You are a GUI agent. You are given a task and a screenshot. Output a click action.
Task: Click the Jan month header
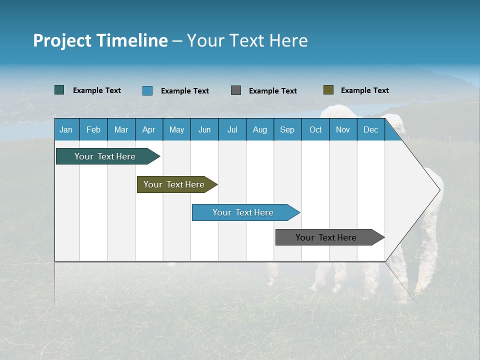pyautogui.click(x=66, y=129)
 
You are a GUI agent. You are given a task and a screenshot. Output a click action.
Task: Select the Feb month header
pyautogui.click(x=93, y=129)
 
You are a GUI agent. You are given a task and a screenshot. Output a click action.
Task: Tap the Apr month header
pyautogui.click(x=148, y=129)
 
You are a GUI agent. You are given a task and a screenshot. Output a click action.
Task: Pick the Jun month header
pyautogui.click(x=204, y=129)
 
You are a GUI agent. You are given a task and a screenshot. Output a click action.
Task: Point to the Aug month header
pyautogui.click(x=259, y=129)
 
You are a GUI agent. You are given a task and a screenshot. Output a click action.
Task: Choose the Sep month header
pyautogui.click(x=287, y=129)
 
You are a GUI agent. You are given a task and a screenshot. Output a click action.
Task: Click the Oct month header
pyautogui.click(x=315, y=129)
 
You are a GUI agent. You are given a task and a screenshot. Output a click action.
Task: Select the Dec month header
pyautogui.click(x=370, y=129)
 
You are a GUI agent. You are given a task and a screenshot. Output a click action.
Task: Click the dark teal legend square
pyautogui.click(x=59, y=90)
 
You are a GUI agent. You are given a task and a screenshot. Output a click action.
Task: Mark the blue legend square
pyautogui.click(x=147, y=90)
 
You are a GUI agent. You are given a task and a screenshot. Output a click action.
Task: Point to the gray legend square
pyautogui.click(x=236, y=90)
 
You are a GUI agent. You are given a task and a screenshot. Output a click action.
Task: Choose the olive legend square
pyautogui.click(x=328, y=90)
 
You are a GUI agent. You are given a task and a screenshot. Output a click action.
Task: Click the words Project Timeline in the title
pyautogui.click(x=100, y=40)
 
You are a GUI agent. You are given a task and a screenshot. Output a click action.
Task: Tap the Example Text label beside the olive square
pyautogui.click(x=364, y=90)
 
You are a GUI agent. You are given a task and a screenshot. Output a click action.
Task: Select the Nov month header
pyautogui.click(x=343, y=129)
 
